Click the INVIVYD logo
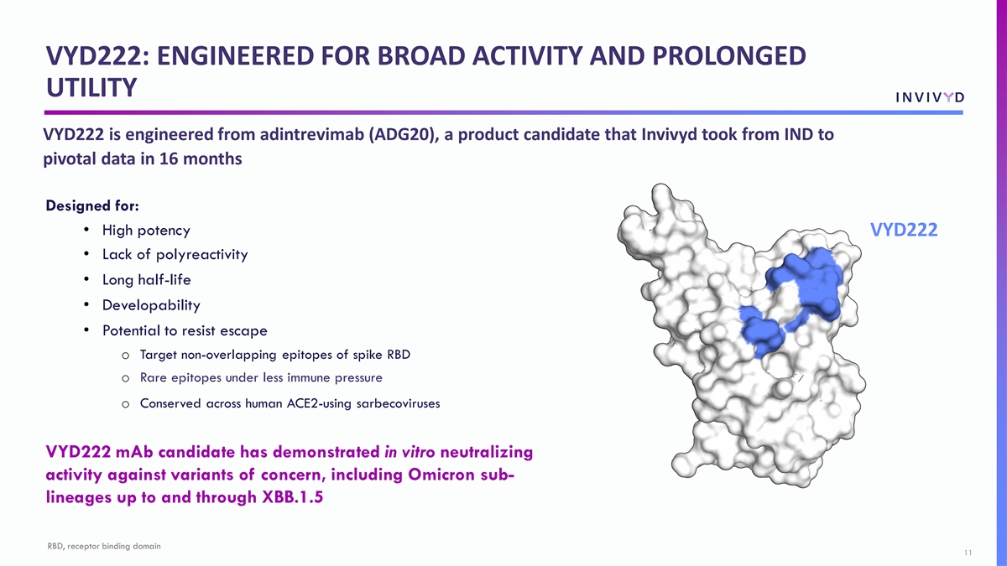point(930,97)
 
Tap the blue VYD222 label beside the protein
point(904,230)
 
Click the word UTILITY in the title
point(91,87)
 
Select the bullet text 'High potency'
point(146,231)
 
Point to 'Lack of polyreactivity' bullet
point(175,255)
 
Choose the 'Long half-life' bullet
point(147,280)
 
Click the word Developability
point(151,305)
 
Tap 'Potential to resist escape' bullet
point(185,330)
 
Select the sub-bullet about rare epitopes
point(261,377)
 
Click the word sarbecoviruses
point(398,403)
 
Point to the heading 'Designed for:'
point(92,205)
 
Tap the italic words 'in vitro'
point(410,452)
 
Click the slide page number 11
point(968,553)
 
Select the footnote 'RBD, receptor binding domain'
point(104,546)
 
